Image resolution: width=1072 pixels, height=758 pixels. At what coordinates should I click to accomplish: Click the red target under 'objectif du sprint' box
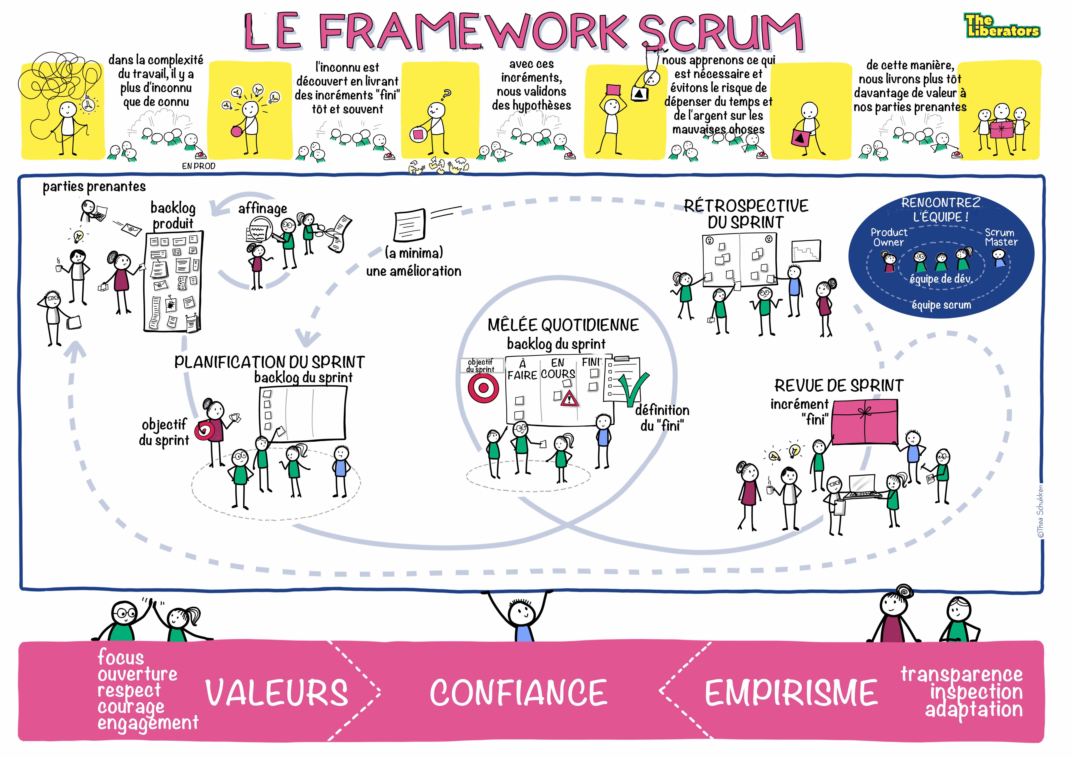483,387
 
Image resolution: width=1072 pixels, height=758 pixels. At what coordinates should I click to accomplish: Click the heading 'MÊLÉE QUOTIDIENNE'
563,325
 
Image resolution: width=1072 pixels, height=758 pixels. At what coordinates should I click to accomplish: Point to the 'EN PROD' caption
198,166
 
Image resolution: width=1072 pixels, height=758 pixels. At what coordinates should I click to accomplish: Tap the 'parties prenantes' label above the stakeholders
94,187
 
